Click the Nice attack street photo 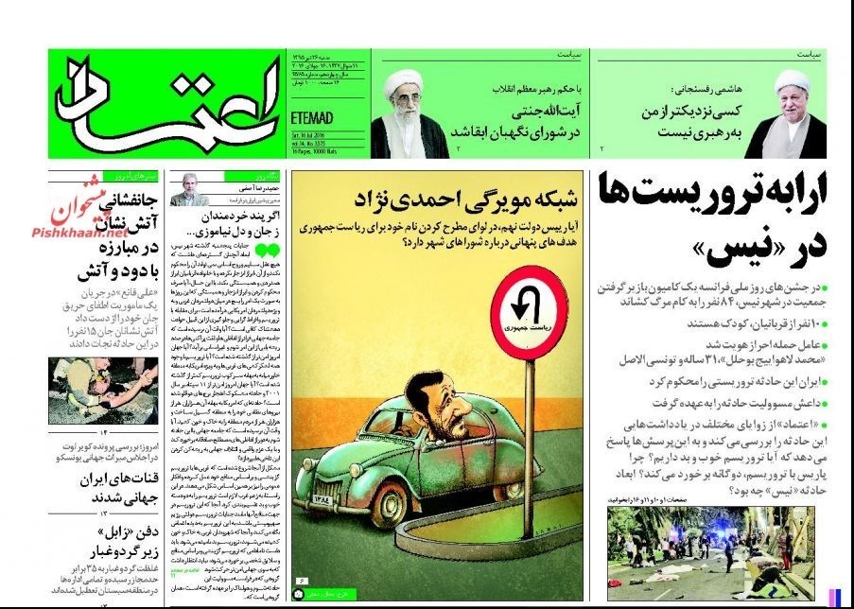711,554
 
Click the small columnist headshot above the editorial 189,195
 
